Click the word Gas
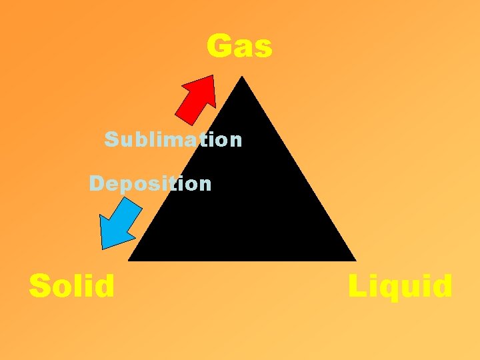[239, 47]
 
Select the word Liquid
[400, 287]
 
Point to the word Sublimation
[173, 140]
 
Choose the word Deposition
[150, 183]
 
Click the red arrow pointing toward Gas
[199, 99]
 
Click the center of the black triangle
[242, 200]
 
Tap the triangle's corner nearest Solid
[129, 260]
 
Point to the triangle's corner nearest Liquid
[355, 260]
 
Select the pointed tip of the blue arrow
[103, 248]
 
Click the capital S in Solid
[39, 286]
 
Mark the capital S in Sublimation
[111, 140]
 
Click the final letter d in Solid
[104, 286]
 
